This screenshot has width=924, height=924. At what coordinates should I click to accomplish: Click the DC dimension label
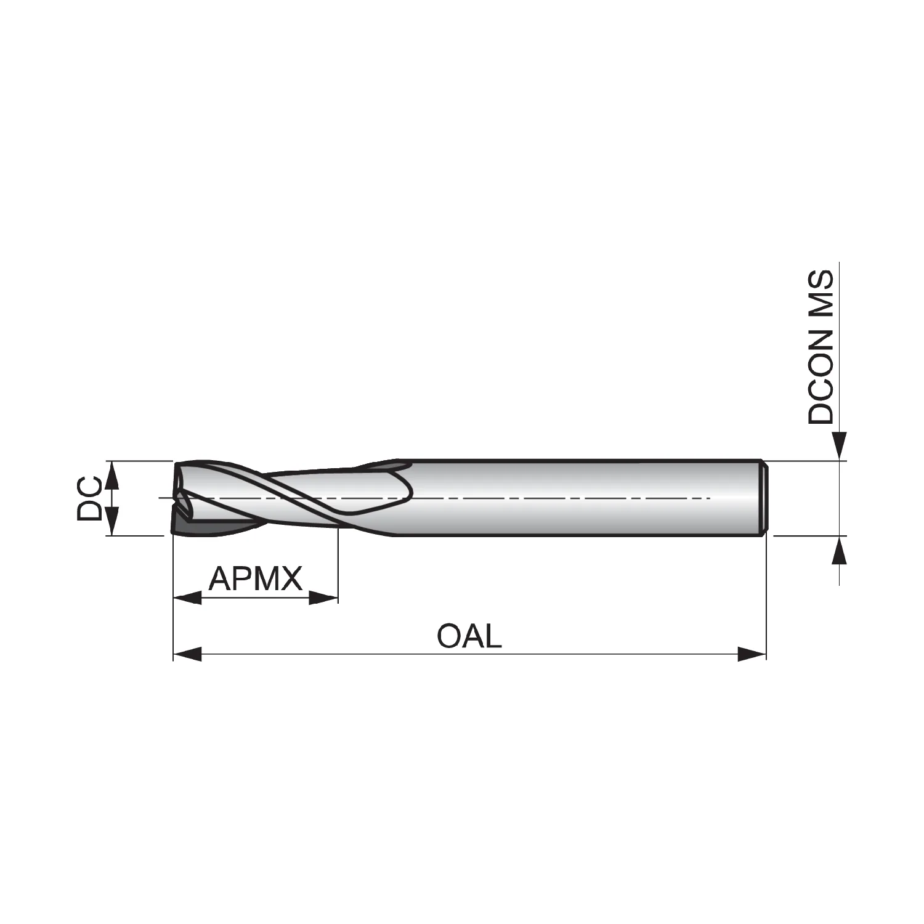pos(89,498)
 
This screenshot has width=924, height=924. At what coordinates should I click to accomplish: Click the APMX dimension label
pos(256,579)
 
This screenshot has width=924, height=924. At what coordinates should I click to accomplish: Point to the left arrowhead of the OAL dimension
pos(188,654)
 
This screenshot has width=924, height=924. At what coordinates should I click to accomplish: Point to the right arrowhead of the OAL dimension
pos(752,654)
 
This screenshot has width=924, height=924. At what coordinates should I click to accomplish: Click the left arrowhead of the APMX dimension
pos(188,598)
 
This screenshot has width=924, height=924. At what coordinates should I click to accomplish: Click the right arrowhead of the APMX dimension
pos(323,598)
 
